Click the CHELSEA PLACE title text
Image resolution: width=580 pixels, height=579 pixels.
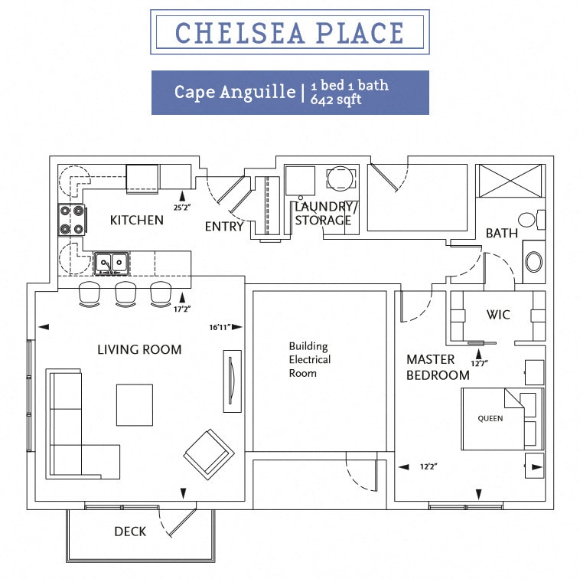(289, 33)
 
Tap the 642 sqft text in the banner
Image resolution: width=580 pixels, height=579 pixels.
(335, 100)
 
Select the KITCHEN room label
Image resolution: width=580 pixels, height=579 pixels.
(136, 221)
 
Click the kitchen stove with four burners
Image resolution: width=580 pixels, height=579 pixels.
(73, 220)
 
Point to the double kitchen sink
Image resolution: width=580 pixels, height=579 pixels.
(112, 263)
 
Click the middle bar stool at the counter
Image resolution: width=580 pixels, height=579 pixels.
(125, 294)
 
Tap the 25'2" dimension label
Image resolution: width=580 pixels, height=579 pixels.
(182, 208)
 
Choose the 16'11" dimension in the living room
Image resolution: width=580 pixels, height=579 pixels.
(220, 327)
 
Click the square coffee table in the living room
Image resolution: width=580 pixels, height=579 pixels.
(135, 405)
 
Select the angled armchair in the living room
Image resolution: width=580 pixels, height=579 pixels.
(209, 455)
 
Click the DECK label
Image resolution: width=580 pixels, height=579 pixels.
(130, 532)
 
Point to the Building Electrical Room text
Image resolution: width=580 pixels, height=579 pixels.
(310, 359)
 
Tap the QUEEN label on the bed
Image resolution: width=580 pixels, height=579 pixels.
(490, 419)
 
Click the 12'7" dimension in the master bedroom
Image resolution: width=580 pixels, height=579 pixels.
(480, 364)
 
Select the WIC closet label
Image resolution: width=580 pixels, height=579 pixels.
(498, 315)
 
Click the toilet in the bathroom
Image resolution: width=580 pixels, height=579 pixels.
(532, 220)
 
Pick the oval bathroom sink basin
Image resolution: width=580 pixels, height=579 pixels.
(534, 262)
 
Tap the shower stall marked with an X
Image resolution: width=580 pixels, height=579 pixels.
(510, 181)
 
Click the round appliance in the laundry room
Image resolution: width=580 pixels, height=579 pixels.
(341, 178)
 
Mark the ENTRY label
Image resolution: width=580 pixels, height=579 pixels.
(224, 226)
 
